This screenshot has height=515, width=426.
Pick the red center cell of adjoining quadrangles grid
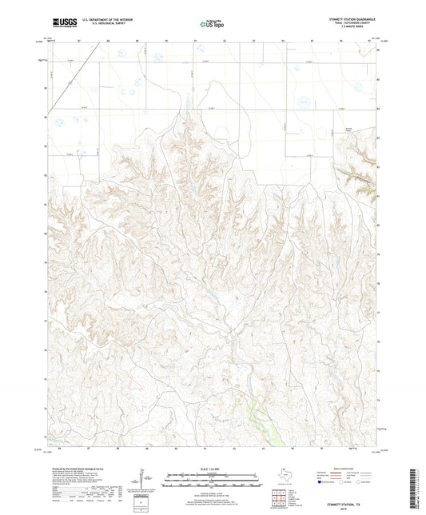[x=279, y=495]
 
